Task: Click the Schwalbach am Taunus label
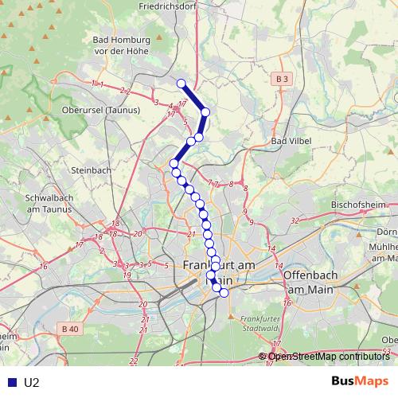49,203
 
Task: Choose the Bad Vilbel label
291,141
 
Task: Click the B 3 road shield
281,79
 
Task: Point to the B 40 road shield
70,328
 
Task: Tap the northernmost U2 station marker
181,84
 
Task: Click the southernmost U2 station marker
224,293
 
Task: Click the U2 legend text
32,382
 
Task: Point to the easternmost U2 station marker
224,293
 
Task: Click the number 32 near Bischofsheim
295,220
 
